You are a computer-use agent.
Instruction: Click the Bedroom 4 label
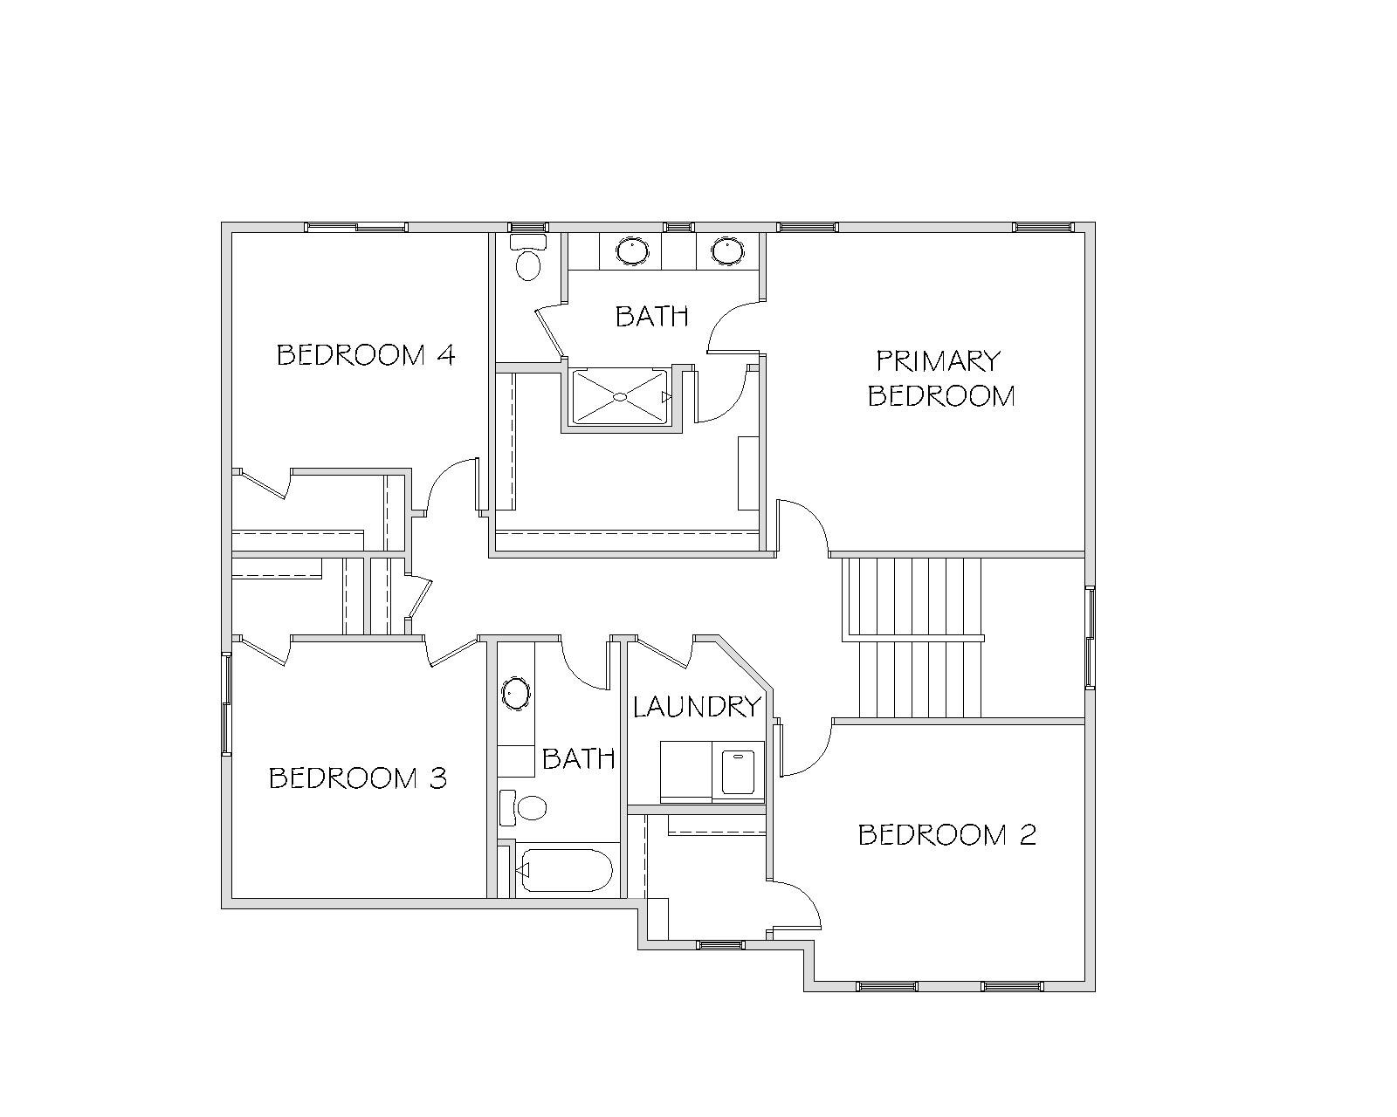coord(366,355)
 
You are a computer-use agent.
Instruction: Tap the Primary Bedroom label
coord(941,379)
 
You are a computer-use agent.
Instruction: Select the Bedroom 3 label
coord(358,778)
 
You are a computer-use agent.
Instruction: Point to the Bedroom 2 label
coord(947,834)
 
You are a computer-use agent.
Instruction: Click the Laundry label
coord(697,707)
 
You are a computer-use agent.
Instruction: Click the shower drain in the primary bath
coord(620,396)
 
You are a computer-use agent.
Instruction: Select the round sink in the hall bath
coord(516,693)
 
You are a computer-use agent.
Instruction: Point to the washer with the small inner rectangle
coord(738,771)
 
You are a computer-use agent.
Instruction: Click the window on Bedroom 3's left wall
coord(226,703)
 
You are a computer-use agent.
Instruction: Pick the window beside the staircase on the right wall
coord(1091,637)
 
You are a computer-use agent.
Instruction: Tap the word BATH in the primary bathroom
coord(651,317)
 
